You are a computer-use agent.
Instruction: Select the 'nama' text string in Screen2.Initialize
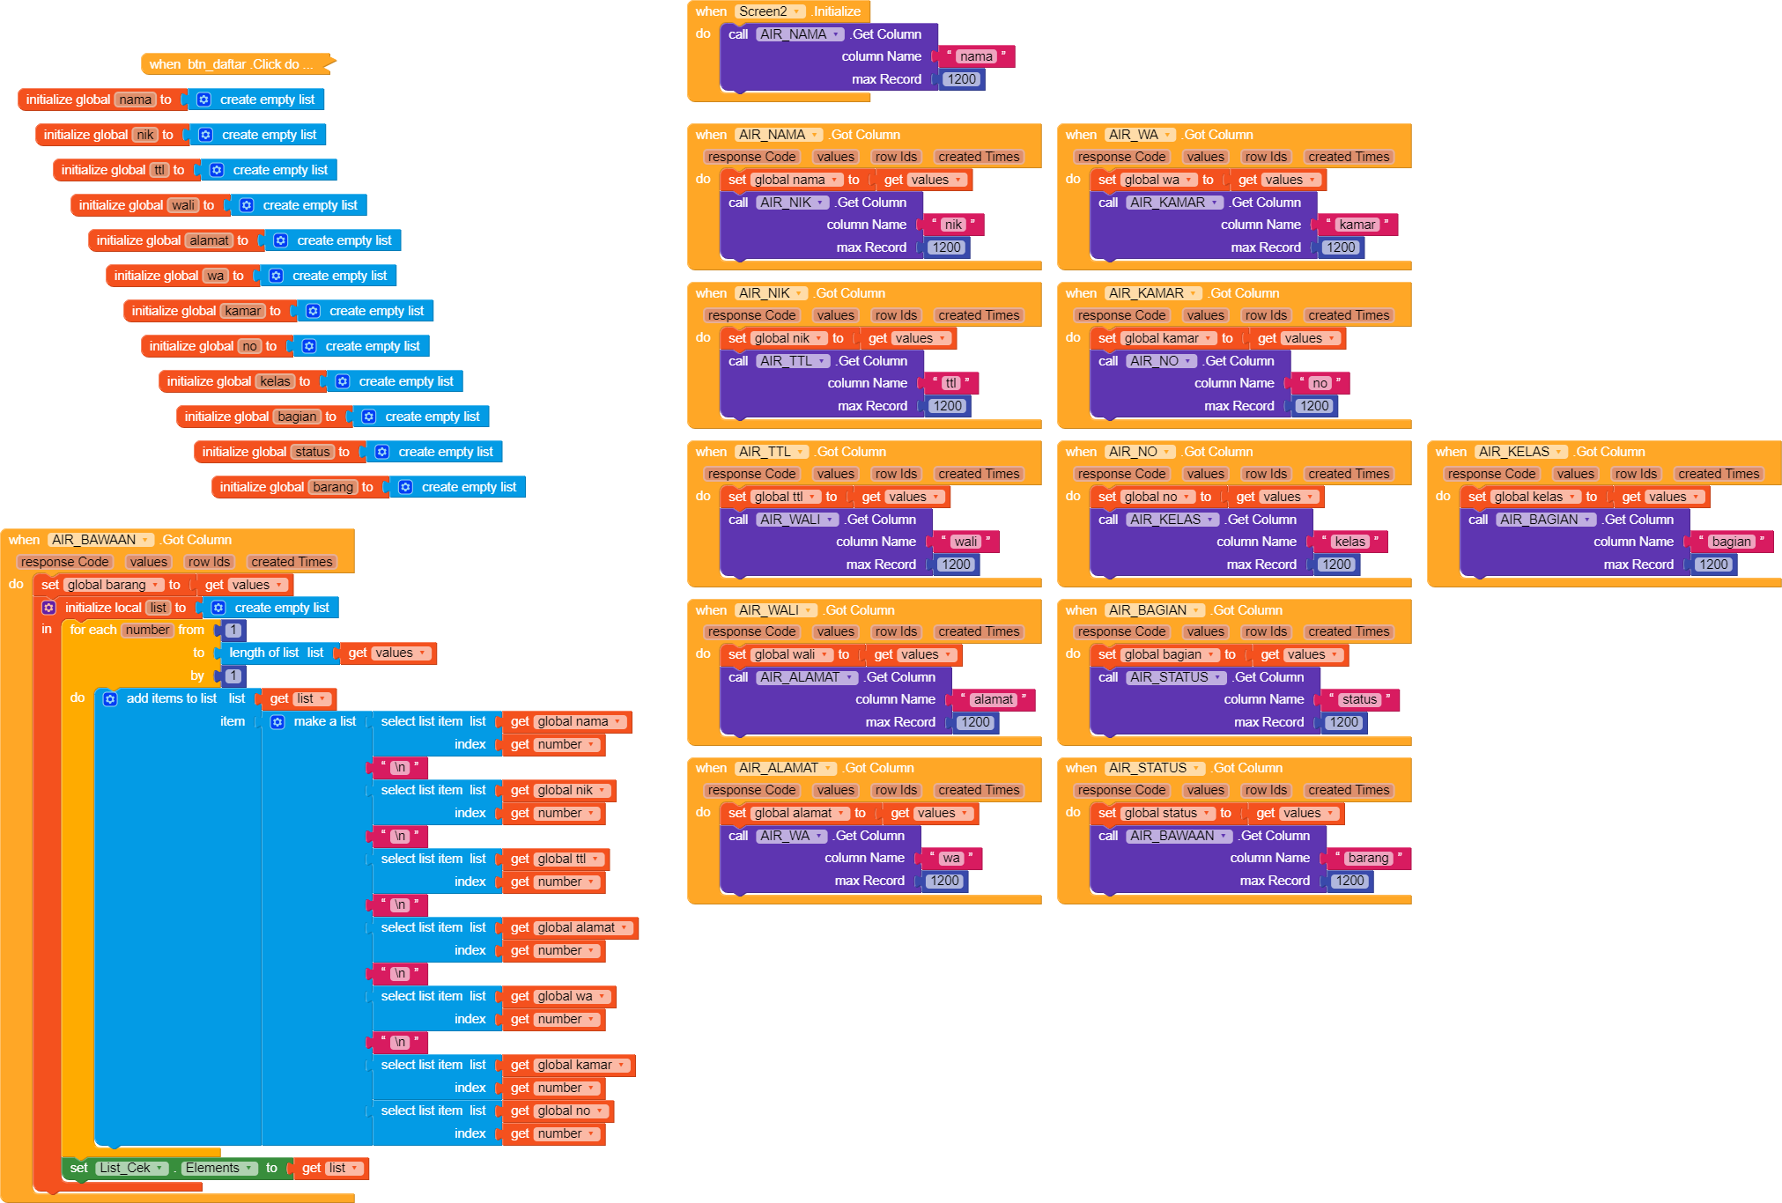pos(976,56)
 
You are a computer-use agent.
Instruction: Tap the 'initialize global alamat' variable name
pos(209,240)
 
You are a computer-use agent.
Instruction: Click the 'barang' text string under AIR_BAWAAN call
pos(1368,858)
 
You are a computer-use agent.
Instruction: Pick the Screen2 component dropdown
pos(770,11)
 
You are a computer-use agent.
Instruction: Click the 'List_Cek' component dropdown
pos(131,1168)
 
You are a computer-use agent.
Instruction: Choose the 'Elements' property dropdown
pos(218,1168)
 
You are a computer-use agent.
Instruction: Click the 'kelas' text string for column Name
pos(1349,542)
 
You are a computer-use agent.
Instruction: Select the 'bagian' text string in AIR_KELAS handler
pos(1731,542)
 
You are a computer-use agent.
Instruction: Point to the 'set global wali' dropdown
pos(789,654)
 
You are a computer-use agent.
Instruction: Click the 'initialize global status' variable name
pos(312,452)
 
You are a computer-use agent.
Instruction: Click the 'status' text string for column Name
pos(1358,699)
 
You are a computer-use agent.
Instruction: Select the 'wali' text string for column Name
pos(965,542)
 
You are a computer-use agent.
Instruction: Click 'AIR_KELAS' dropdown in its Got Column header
pos(1520,452)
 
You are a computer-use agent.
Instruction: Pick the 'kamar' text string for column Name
pos(1357,225)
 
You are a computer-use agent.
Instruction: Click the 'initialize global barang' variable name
pos(332,487)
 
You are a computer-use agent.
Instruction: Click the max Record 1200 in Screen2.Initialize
pos(961,79)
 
